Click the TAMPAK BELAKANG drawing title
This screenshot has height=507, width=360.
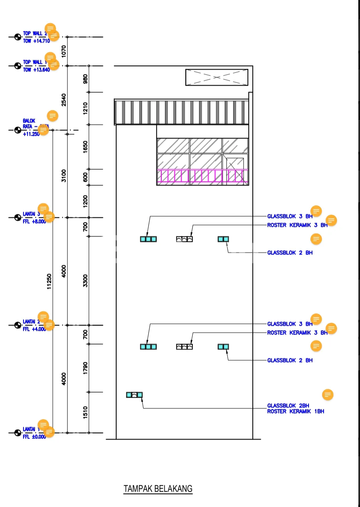tap(158, 489)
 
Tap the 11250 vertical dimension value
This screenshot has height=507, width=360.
tap(49, 281)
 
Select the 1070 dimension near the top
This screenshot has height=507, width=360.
tap(64, 51)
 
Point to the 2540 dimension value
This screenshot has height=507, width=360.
tap(64, 100)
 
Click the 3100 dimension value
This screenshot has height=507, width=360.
tap(64, 176)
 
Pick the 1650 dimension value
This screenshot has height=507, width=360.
tap(85, 147)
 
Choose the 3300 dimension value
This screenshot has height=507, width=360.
tap(85, 281)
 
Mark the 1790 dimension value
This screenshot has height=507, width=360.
tap(85, 368)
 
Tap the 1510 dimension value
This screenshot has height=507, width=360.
tap(85, 412)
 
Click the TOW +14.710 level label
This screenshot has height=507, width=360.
tap(36, 41)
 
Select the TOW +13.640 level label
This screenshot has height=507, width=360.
tap(36, 70)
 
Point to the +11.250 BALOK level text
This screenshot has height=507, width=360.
tap(31, 134)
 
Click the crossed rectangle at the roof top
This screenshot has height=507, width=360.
tap(217, 77)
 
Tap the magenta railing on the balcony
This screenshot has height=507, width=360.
tap(202, 176)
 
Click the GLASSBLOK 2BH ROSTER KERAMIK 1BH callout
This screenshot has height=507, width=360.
tap(295, 409)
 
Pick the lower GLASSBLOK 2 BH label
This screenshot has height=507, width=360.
tap(290, 360)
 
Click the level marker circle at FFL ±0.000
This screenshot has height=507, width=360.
tap(18, 433)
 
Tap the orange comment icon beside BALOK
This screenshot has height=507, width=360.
tap(52, 116)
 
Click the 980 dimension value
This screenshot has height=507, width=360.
tap(85, 79)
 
